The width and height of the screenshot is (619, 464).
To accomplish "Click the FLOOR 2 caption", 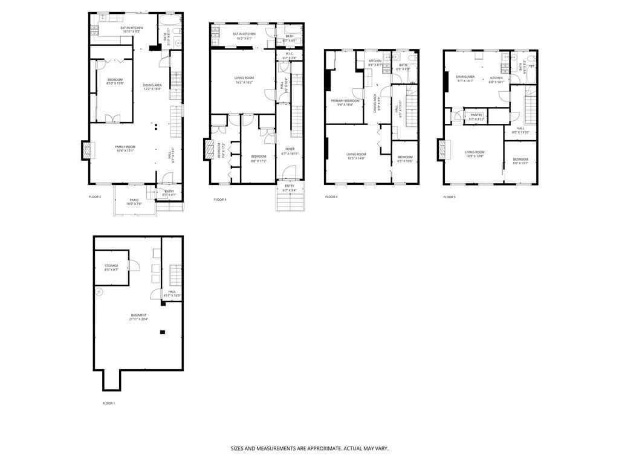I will point(95,197).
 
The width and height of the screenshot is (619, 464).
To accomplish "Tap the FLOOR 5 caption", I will point(449,197).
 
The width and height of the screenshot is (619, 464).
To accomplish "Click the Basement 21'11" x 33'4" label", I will point(138,317).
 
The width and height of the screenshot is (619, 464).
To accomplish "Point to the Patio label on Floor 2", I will point(134,202).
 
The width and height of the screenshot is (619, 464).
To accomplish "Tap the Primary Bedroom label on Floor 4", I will point(345,102).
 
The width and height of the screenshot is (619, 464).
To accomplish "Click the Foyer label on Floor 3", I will point(290,151).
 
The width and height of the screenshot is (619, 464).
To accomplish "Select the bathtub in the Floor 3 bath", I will point(287,28).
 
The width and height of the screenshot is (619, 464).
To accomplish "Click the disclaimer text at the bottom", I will point(309,449).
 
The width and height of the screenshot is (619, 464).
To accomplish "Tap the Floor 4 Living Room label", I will point(356,156).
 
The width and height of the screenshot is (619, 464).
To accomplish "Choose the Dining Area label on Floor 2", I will point(152,87).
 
